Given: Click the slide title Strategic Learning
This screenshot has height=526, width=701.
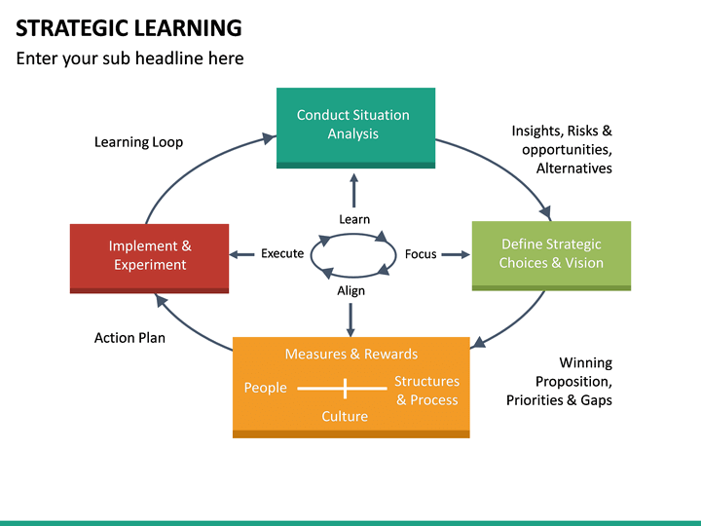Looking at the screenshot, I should click(129, 27).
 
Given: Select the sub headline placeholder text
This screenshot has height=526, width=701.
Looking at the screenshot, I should click(129, 58).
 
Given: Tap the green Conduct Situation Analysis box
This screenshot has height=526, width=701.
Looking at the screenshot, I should click(353, 125).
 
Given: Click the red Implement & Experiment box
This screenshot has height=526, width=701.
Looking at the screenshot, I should click(149, 255).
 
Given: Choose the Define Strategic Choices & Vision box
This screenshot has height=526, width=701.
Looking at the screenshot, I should click(551, 253).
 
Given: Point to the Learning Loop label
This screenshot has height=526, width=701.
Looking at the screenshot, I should click(138, 142).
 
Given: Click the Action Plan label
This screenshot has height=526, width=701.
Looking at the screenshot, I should click(129, 338).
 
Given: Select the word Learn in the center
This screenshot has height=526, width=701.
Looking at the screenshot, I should click(354, 219).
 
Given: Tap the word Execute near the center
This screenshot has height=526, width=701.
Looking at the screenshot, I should click(282, 254).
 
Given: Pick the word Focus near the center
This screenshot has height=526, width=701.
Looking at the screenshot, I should click(421, 254).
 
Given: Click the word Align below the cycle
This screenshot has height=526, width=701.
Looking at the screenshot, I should click(350, 290).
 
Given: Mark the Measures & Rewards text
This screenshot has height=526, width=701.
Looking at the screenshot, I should click(351, 354).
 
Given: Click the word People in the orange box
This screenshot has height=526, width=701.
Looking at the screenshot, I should click(265, 388).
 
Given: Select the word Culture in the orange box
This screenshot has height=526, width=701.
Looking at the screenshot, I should click(345, 417).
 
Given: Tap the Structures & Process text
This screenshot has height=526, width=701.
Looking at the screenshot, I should click(426, 391).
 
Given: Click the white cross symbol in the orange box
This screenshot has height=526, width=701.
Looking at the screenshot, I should click(345, 389).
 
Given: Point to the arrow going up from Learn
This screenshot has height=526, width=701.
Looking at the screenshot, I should click(353, 189).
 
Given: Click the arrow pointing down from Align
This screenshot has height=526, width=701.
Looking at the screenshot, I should click(350, 318).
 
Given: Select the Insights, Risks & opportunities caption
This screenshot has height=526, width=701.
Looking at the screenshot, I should click(562, 149).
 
